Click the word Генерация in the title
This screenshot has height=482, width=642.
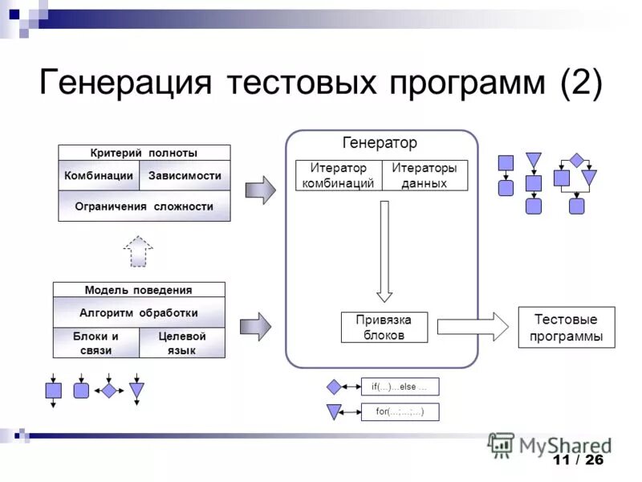pyautogui.click(x=124, y=84)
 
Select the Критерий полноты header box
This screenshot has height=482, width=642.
pyautogui.click(x=144, y=153)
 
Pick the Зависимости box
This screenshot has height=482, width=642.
pyautogui.click(x=185, y=175)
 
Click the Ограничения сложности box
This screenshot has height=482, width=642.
pyautogui.click(x=144, y=206)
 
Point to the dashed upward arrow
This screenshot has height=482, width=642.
pyautogui.click(x=138, y=251)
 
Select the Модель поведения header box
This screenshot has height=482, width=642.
pyautogui.click(x=139, y=290)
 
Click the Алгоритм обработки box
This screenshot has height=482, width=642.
pyautogui.click(x=139, y=312)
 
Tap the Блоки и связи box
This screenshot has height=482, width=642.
pyautogui.click(x=95, y=343)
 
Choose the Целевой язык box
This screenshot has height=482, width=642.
pyautogui.click(x=182, y=343)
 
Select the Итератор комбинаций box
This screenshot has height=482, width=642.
pyautogui.click(x=338, y=175)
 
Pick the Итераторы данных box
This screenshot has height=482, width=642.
pyautogui.click(x=424, y=175)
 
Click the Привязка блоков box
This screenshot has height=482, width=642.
pyautogui.click(x=384, y=327)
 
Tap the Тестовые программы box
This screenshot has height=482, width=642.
pyautogui.click(x=567, y=327)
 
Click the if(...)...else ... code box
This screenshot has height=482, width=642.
pyautogui.click(x=400, y=386)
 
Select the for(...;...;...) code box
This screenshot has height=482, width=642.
pyautogui.click(x=400, y=412)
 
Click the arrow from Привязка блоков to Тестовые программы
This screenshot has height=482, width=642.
pyautogui.click(x=473, y=327)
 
